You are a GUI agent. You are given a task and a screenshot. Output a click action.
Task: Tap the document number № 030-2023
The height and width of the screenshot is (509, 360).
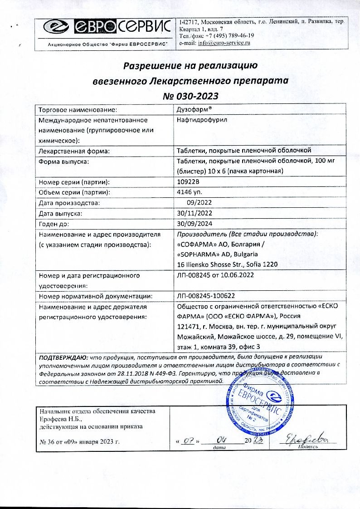tap(190, 96)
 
